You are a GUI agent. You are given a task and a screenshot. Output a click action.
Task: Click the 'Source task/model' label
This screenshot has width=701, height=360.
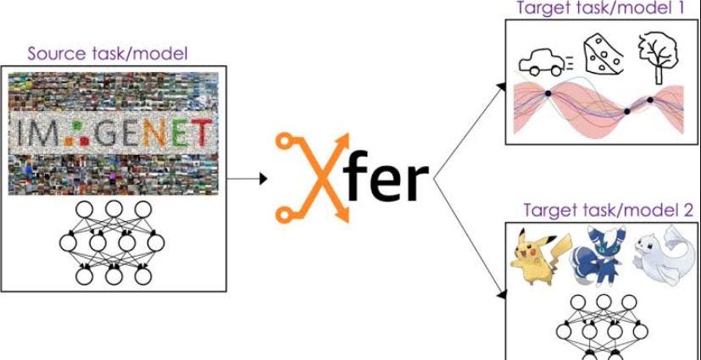coord(107,54)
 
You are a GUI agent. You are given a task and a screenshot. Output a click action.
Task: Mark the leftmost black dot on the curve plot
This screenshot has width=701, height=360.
coord(548,92)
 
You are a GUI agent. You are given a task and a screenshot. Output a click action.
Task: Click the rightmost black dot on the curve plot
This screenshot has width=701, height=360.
coord(651,101)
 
